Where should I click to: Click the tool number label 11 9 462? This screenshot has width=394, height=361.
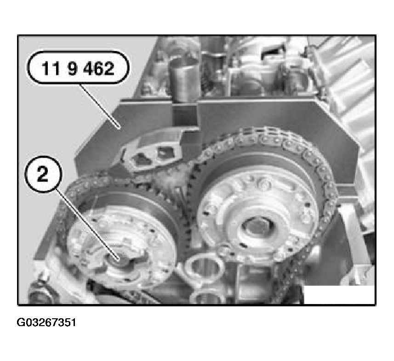coord(78,68)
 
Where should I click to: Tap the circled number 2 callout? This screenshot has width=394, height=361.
coord(43,174)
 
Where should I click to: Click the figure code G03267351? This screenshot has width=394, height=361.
coord(46,322)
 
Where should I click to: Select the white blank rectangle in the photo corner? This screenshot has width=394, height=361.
coord(339,294)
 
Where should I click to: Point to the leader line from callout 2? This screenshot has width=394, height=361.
coord(87,225)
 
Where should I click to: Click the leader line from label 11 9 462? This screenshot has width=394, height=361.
coord(99,106)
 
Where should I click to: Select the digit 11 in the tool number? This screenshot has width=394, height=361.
coord(50,68)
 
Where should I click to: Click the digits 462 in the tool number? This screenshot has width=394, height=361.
coord(99,68)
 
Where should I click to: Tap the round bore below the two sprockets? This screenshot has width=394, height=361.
coord(204,268)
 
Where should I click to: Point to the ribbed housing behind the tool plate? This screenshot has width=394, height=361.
coord(352,83)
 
